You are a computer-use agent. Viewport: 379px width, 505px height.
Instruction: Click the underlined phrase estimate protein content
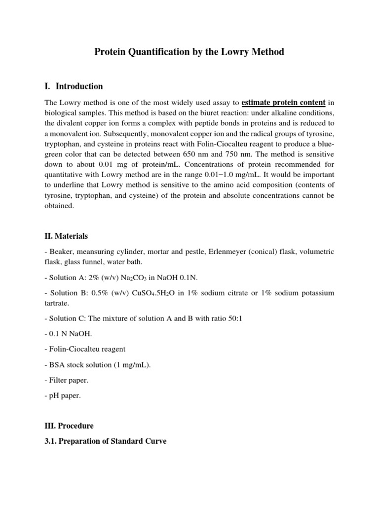coord(283,103)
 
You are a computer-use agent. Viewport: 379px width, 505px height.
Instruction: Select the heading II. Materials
coord(66,237)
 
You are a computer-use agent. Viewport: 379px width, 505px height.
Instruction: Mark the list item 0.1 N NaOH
coord(64,333)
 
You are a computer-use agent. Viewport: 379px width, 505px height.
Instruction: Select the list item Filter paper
coord(67,380)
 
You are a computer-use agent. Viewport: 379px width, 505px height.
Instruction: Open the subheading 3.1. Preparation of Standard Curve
coord(105,441)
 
